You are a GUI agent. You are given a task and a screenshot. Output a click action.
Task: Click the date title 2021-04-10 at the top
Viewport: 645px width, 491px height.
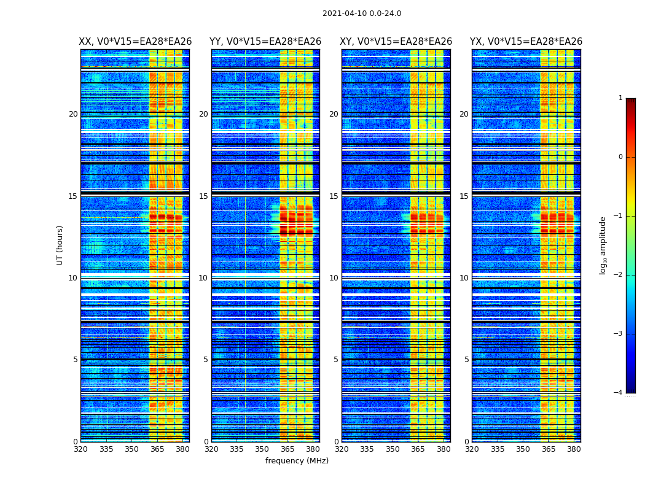[x=361, y=14]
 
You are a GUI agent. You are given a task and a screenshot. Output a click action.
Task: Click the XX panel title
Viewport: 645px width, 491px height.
[x=135, y=42]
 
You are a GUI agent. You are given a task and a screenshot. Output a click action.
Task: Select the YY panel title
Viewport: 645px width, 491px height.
[x=265, y=42]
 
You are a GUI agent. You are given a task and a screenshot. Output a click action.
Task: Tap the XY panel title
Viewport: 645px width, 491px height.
[x=396, y=42]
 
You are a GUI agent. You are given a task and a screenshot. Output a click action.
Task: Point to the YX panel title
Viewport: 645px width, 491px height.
[x=526, y=42]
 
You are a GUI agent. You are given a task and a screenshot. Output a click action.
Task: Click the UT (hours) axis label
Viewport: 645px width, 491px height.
[x=60, y=245]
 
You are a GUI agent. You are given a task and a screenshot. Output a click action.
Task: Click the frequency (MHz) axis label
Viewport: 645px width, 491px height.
[x=297, y=461]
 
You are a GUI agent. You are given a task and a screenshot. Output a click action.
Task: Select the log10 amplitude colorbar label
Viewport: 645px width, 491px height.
[x=603, y=245]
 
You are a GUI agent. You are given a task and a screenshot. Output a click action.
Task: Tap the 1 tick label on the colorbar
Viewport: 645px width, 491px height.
[x=620, y=98]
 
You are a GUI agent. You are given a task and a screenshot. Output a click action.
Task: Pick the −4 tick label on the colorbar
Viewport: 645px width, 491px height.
[x=619, y=393]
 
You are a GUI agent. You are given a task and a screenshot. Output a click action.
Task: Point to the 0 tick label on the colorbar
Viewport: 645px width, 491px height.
[x=620, y=157]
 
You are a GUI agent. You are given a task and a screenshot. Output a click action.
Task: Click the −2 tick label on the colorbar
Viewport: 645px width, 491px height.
[x=619, y=275]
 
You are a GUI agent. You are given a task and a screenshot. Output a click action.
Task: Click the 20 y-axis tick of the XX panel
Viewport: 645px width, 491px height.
[x=73, y=114]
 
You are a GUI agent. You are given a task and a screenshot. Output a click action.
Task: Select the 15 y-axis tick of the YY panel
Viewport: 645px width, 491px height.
[x=203, y=196]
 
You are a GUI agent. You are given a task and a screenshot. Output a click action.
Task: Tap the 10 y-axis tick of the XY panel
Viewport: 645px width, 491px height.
[x=334, y=278]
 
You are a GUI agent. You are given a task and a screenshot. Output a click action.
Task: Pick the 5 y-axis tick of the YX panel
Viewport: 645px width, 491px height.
[x=466, y=360]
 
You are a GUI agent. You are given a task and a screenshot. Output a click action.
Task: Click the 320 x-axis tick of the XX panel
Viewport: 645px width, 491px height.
[x=80, y=449]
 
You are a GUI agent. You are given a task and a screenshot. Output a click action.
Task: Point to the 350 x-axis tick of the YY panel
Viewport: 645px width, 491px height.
[x=262, y=449]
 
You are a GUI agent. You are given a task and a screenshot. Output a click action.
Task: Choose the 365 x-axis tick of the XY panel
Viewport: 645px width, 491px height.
[x=418, y=449]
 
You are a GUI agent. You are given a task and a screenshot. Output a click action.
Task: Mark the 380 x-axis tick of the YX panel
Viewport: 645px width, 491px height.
[x=574, y=449]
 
